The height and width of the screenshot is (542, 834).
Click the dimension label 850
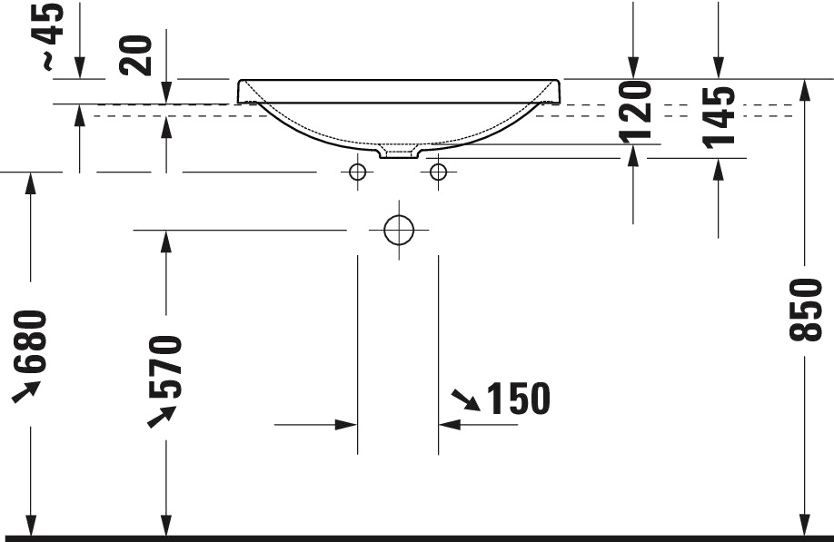click(806, 310)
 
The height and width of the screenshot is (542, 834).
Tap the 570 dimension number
click(166, 367)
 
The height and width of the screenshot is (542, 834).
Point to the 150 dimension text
click(519, 399)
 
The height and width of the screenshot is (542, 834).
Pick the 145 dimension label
click(719, 116)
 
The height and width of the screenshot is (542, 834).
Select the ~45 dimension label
click(52, 35)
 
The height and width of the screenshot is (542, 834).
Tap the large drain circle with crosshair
click(399, 231)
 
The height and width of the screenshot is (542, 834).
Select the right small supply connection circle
click(439, 172)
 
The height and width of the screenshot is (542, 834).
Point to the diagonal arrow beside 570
click(162, 416)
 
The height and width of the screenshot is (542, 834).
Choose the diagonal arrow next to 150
click(466, 399)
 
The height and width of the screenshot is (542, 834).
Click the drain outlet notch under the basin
click(399, 152)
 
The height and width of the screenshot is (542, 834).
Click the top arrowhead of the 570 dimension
click(166, 240)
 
